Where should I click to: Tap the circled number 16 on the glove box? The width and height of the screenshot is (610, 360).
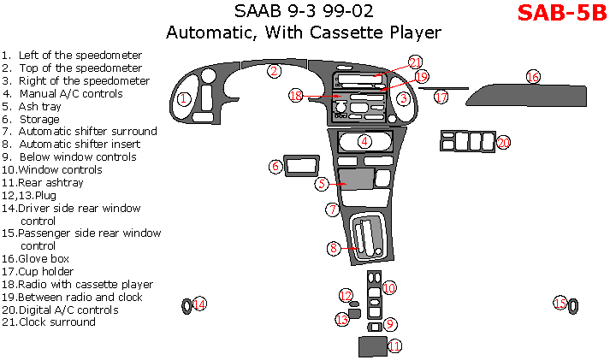point(533,77)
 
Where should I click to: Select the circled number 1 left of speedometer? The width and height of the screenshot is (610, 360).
point(183,98)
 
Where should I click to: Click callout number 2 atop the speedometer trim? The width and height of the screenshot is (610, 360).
point(273,71)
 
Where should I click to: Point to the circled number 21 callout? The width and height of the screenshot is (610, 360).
point(415,62)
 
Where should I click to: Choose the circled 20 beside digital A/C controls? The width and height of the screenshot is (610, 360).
point(503,142)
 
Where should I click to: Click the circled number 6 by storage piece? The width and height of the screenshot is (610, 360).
point(275,166)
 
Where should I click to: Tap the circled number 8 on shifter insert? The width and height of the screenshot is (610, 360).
point(334,248)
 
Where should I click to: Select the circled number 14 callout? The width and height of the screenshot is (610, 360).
point(199,304)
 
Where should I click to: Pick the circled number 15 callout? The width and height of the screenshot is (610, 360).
point(560,304)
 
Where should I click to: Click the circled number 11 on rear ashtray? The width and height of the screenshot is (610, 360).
point(394,346)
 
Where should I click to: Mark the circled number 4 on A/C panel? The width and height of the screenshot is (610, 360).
point(364,141)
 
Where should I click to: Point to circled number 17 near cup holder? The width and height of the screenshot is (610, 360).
point(441,97)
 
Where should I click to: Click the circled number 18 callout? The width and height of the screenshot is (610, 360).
point(296,96)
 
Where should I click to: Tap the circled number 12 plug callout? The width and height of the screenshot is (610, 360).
point(346,296)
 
